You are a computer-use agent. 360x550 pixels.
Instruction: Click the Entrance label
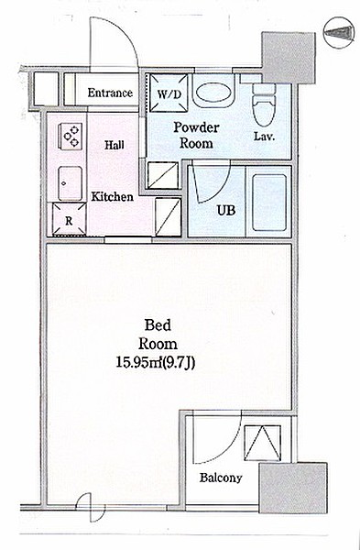(x=110, y=93)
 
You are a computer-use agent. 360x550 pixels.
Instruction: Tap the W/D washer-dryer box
(x=169, y=93)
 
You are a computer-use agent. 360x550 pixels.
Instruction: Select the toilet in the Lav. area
(x=264, y=104)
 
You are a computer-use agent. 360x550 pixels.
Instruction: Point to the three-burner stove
(x=71, y=137)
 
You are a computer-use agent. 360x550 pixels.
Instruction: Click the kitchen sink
(x=71, y=183)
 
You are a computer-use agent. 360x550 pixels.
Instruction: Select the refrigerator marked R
(x=69, y=219)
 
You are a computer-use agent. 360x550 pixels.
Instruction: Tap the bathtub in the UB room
(x=269, y=203)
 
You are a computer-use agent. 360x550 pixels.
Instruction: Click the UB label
(x=225, y=211)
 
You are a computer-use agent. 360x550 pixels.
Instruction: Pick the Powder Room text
(x=196, y=135)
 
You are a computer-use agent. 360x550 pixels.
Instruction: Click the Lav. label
(x=265, y=137)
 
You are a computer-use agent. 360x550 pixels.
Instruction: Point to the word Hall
(x=115, y=145)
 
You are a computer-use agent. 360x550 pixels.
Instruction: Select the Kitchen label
(x=112, y=197)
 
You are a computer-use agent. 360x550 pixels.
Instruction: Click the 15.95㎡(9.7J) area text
(x=156, y=363)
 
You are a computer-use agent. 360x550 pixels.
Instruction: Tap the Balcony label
(x=221, y=478)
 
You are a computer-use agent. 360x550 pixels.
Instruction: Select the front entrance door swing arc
(x=123, y=30)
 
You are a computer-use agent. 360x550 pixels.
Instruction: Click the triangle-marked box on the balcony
(x=263, y=443)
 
